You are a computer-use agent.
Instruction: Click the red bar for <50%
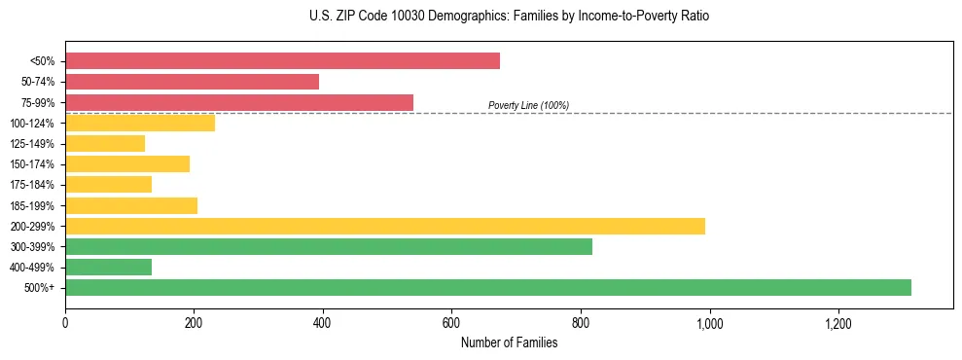tap(282, 61)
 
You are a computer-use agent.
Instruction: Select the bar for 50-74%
tap(192, 82)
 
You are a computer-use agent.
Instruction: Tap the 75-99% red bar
tap(239, 102)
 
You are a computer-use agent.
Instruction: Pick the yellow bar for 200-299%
tap(385, 226)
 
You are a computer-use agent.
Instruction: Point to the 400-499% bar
tap(108, 267)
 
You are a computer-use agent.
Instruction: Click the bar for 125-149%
tap(105, 143)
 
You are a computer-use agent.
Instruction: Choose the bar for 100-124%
tap(140, 123)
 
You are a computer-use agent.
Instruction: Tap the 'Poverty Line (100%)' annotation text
tap(528, 105)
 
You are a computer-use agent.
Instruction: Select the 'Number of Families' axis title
tap(509, 342)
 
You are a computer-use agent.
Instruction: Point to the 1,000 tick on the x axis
tap(709, 322)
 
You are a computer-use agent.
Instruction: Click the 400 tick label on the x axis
tap(323, 322)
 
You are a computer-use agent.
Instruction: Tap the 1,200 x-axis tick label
tap(837, 322)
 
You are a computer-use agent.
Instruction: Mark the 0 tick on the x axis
tap(65, 322)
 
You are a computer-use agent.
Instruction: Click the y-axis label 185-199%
tap(32, 205)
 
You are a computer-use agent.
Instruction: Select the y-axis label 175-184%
tap(32, 185)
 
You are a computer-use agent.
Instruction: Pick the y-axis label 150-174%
tap(32, 164)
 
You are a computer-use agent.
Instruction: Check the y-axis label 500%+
tap(39, 288)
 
